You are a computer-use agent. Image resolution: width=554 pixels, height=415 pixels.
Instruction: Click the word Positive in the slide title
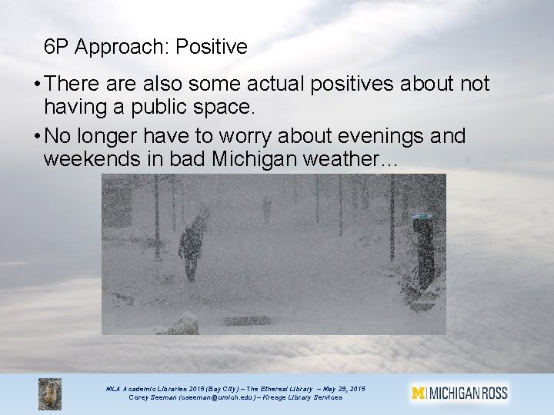click(212, 47)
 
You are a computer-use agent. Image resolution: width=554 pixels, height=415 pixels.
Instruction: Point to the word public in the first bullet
click(159, 107)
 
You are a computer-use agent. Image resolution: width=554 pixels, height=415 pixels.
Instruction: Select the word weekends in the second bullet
click(92, 158)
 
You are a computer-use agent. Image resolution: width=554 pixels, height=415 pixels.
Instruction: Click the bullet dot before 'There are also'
click(37, 85)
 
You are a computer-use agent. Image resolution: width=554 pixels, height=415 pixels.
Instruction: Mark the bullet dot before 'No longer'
click(37, 136)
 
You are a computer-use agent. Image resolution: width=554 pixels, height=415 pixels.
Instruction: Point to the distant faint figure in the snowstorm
click(267, 209)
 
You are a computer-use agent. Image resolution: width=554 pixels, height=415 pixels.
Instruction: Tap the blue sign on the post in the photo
click(422, 216)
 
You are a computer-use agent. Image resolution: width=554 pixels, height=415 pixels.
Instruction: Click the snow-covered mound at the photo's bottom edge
click(182, 324)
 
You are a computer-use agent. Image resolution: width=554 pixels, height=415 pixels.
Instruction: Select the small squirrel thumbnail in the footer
click(50, 393)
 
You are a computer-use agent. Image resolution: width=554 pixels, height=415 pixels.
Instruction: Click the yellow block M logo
click(418, 393)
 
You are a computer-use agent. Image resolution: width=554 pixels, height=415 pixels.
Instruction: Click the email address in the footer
click(217, 398)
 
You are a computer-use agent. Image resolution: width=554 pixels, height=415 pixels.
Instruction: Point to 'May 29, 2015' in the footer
click(344, 389)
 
